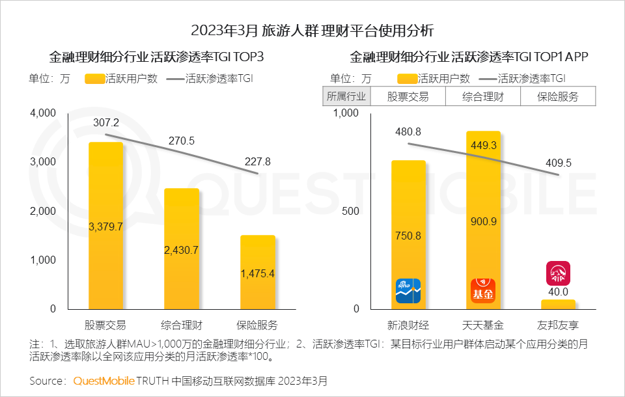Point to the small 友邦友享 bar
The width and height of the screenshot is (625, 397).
pos(558,304)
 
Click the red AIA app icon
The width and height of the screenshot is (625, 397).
pos(558,273)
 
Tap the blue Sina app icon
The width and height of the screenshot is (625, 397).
pos(408,291)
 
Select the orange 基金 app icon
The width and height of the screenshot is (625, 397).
pos(483,291)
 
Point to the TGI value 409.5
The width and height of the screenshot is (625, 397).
pos(559,163)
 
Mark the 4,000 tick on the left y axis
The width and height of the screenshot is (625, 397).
pos(44,113)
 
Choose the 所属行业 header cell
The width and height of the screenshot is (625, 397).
pos(347,97)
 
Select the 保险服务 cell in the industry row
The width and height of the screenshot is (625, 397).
pos(558,97)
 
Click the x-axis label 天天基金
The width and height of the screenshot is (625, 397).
pos(483,325)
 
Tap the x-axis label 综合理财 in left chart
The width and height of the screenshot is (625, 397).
pos(181,325)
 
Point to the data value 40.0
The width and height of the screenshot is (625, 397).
pos(558,292)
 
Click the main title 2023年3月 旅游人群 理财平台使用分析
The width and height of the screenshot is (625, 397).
pos(312,30)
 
